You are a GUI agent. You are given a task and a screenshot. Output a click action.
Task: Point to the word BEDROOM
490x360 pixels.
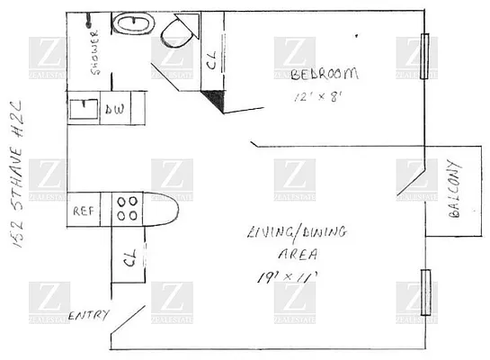326,74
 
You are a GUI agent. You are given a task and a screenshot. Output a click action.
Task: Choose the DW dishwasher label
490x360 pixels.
115,109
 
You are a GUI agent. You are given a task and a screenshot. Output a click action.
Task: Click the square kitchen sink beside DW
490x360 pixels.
85,109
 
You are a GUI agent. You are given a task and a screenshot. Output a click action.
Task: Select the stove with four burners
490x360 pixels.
127,209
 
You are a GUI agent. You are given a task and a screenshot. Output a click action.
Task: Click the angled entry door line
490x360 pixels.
128,323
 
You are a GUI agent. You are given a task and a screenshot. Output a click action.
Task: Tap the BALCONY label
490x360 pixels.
453,196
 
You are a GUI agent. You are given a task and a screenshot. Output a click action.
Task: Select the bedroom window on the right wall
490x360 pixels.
426,56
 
